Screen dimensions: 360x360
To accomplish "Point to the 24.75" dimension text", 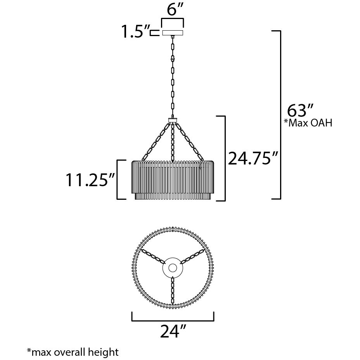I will point(253,158).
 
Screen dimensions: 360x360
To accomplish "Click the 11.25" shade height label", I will point(90,180).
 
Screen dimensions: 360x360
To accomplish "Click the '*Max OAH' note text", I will point(308,123).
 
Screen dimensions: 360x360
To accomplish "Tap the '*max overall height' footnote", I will point(73,352).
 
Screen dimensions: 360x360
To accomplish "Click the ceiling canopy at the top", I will point(173,33).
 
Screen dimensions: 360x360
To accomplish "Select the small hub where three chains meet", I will point(173,120).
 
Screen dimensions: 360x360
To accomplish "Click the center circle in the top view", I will point(173,268).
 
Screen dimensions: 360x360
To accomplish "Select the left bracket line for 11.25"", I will point(118,179).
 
